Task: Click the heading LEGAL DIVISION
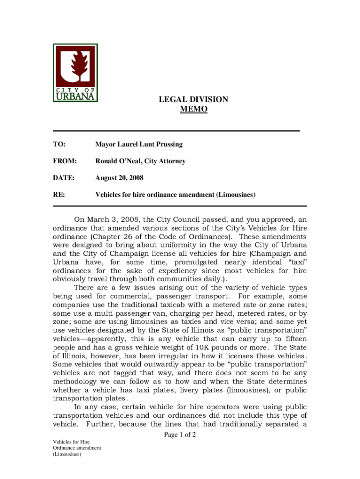(x=194, y=100)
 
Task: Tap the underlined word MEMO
(x=194, y=109)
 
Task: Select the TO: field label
(x=59, y=144)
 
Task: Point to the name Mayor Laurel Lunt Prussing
(x=139, y=144)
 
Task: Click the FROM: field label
(x=64, y=161)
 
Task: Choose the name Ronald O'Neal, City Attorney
(x=140, y=161)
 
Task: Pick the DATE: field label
(x=64, y=178)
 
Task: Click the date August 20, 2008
(x=119, y=178)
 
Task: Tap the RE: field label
(x=59, y=195)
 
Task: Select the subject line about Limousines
(x=175, y=195)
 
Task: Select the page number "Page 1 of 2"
(x=180, y=435)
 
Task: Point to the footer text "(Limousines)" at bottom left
(x=67, y=454)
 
